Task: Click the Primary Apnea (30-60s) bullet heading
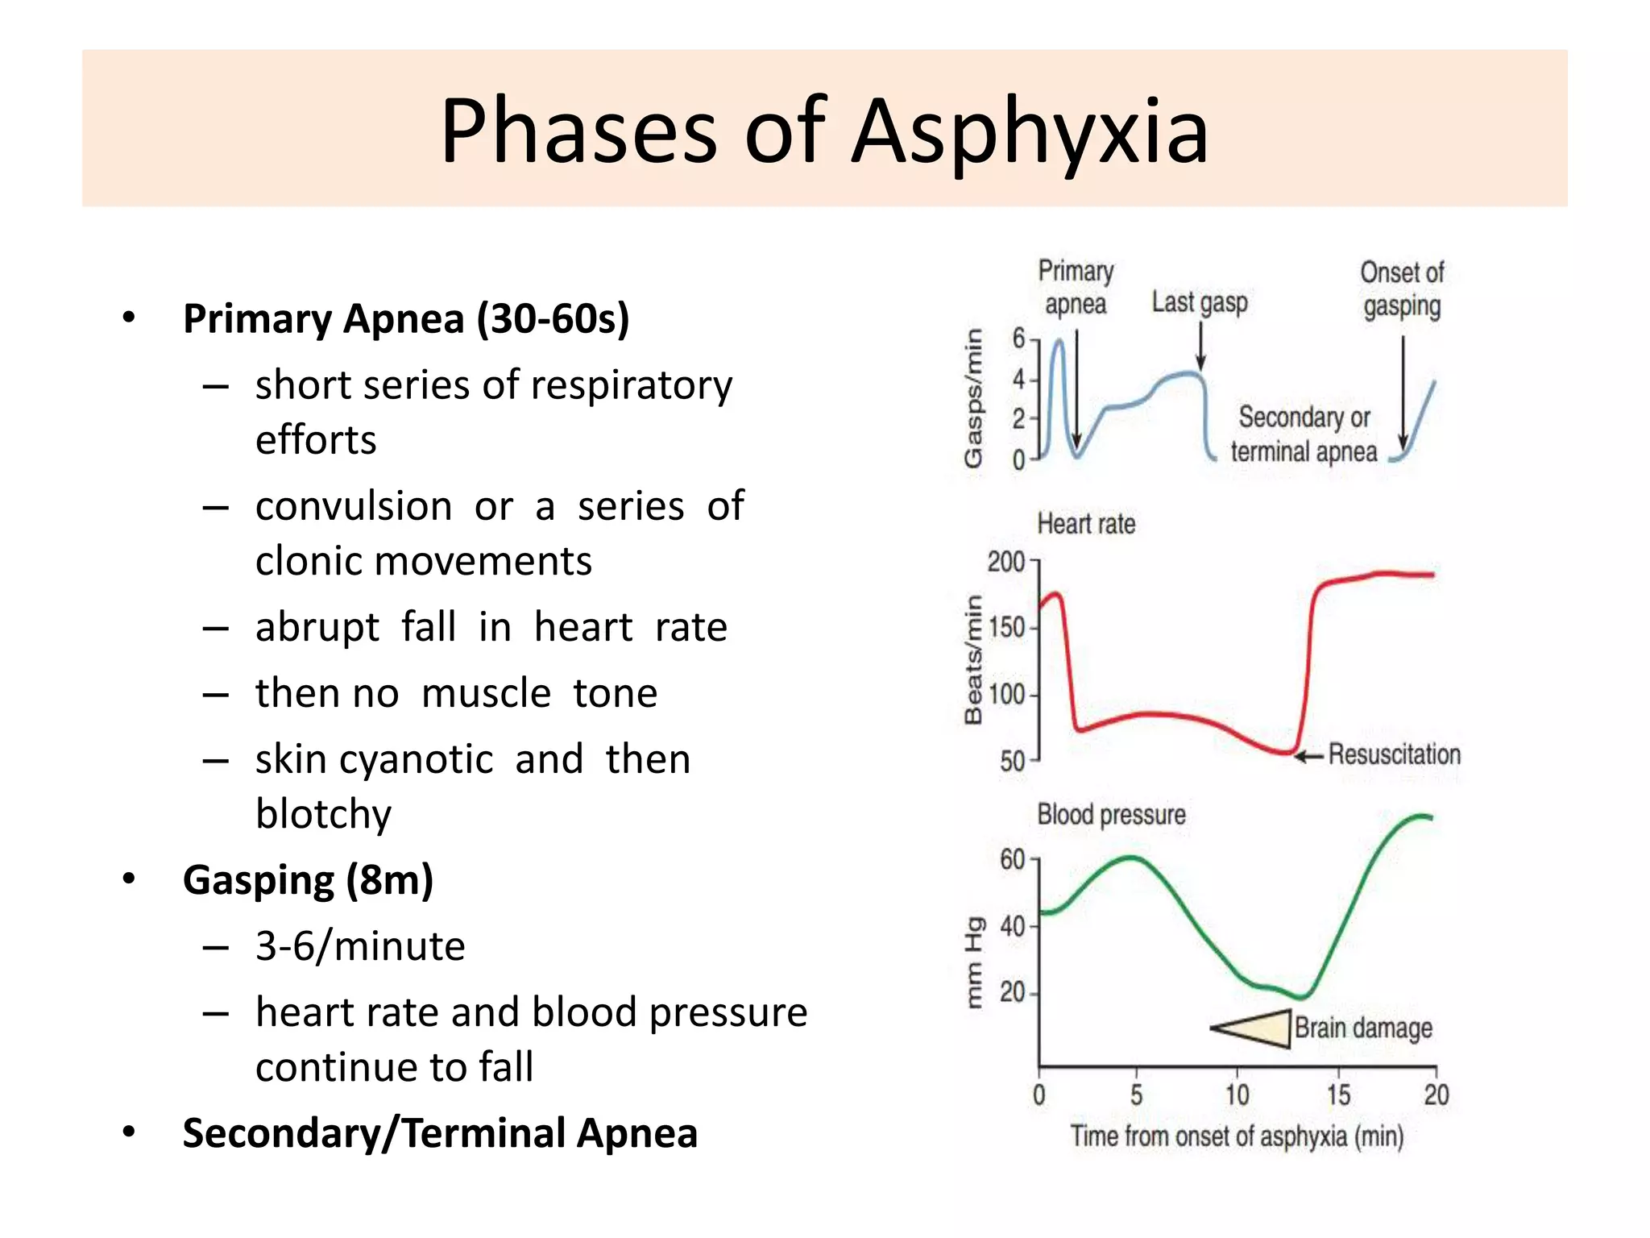[405, 319]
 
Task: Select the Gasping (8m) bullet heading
[308, 880]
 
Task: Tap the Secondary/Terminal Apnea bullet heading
[440, 1133]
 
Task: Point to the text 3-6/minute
[360, 946]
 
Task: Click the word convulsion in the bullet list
[354, 507]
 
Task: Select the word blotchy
[323, 814]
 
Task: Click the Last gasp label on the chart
[1199, 303]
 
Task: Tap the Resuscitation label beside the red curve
[1394, 754]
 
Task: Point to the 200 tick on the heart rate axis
[1005, 562]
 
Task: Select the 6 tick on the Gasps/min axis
[1019, 339]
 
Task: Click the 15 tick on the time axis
[1338, 1095]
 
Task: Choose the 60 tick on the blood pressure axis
[1013, 860]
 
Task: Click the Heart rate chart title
[1086, 525]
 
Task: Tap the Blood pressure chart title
[1111, 815]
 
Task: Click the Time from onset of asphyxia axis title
[1237, 1136]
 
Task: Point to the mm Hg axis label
[974, 962]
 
